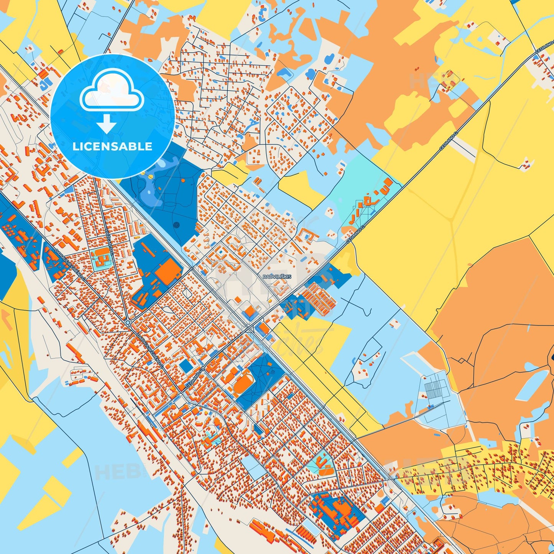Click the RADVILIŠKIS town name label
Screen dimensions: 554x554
277,276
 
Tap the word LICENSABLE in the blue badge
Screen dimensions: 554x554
112,146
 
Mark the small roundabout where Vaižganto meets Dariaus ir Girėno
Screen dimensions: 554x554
127,323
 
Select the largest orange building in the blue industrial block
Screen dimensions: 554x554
168,271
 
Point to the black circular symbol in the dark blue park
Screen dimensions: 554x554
176,225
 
